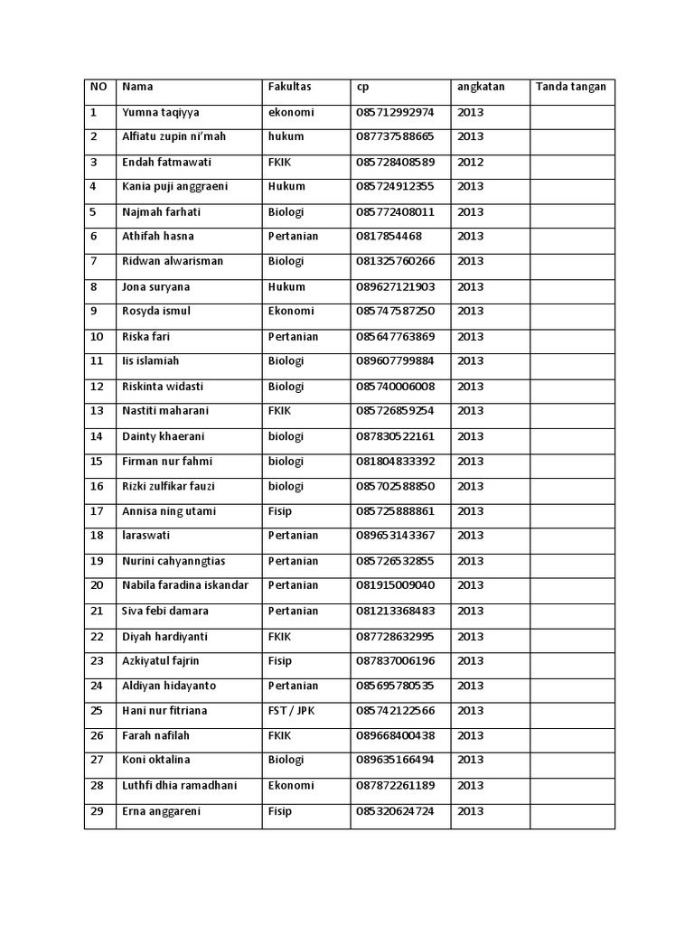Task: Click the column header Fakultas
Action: tap(289, 88)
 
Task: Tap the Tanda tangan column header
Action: tap(571, 88)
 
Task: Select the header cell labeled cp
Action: tap(362, 88)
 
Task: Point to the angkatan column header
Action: tap(481, 88)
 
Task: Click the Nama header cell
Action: tap(137, 88)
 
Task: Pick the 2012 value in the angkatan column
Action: tap(470, 163)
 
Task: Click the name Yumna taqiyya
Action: tap(161, 113)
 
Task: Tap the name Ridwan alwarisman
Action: tap(173, 262)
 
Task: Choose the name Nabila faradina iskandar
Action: tap(184, 585)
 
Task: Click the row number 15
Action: tap(97, 462)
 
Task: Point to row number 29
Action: tap(97, 811)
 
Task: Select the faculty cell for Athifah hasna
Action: tap(293, 237)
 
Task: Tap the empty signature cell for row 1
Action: tap(571, 113)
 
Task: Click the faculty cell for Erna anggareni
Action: tap(280, 811)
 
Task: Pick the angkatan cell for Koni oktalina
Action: tap(470, 761)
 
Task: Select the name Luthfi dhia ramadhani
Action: tap(179, 786)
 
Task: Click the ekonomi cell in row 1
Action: tap(291, 113)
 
